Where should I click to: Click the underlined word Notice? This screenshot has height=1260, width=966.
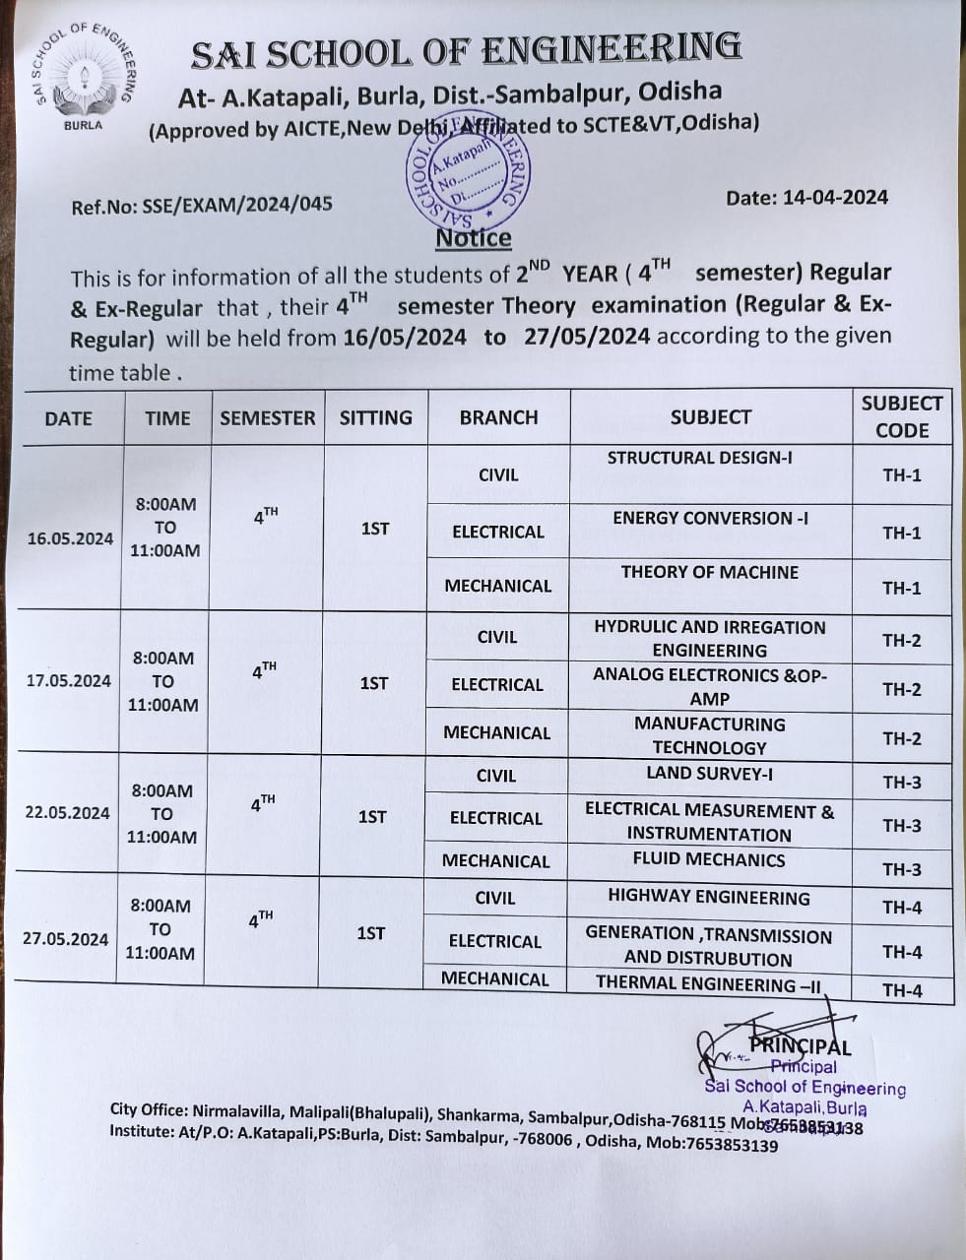pyautogui.click(x=474, y=238)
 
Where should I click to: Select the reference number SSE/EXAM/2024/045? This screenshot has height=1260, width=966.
pyautogui.click(x=201, y=205)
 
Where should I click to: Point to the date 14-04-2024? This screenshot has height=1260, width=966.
pyautogui.click(x=806, y=197)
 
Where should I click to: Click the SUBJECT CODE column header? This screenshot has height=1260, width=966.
pyautogui.click(x=901, y=416)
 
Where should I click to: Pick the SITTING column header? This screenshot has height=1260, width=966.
pyautogui.click(x=375, y=417)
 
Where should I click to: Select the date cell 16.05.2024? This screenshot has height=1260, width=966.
pyautogui.click(x=70, y=538)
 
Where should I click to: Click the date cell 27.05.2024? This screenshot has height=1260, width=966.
pyautogui.click(x=65, y=938)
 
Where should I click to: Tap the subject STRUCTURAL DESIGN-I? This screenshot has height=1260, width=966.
pyautogui.click(x=699, y=458)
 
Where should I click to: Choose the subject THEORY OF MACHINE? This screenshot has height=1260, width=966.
pyautogui.click(x=709, y=572)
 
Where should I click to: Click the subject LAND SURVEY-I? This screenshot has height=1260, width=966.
pyautogui.click(x=709, y=774)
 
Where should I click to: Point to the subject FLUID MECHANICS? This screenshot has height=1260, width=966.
pyautogui.click(x=709, y=859)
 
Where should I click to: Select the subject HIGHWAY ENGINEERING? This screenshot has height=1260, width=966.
pyautogui.click(x=709, y=897)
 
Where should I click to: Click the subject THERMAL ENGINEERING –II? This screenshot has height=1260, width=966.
pyautogui.click(x=708, y=983)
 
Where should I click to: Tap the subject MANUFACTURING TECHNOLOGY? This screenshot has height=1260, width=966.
pyautogui.click(x=709, y=735)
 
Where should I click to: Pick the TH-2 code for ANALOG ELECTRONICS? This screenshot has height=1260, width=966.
pyautogui.click(x=901, y=689)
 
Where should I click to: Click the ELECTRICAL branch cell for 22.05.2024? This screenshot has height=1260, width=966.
pyautogui.click(x=495, y=818)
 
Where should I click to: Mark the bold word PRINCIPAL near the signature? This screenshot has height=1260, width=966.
pyautogui.click(x=800, y=1046)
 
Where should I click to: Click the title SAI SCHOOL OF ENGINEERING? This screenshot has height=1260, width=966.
pyautogui.click(x=466, y=52)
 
